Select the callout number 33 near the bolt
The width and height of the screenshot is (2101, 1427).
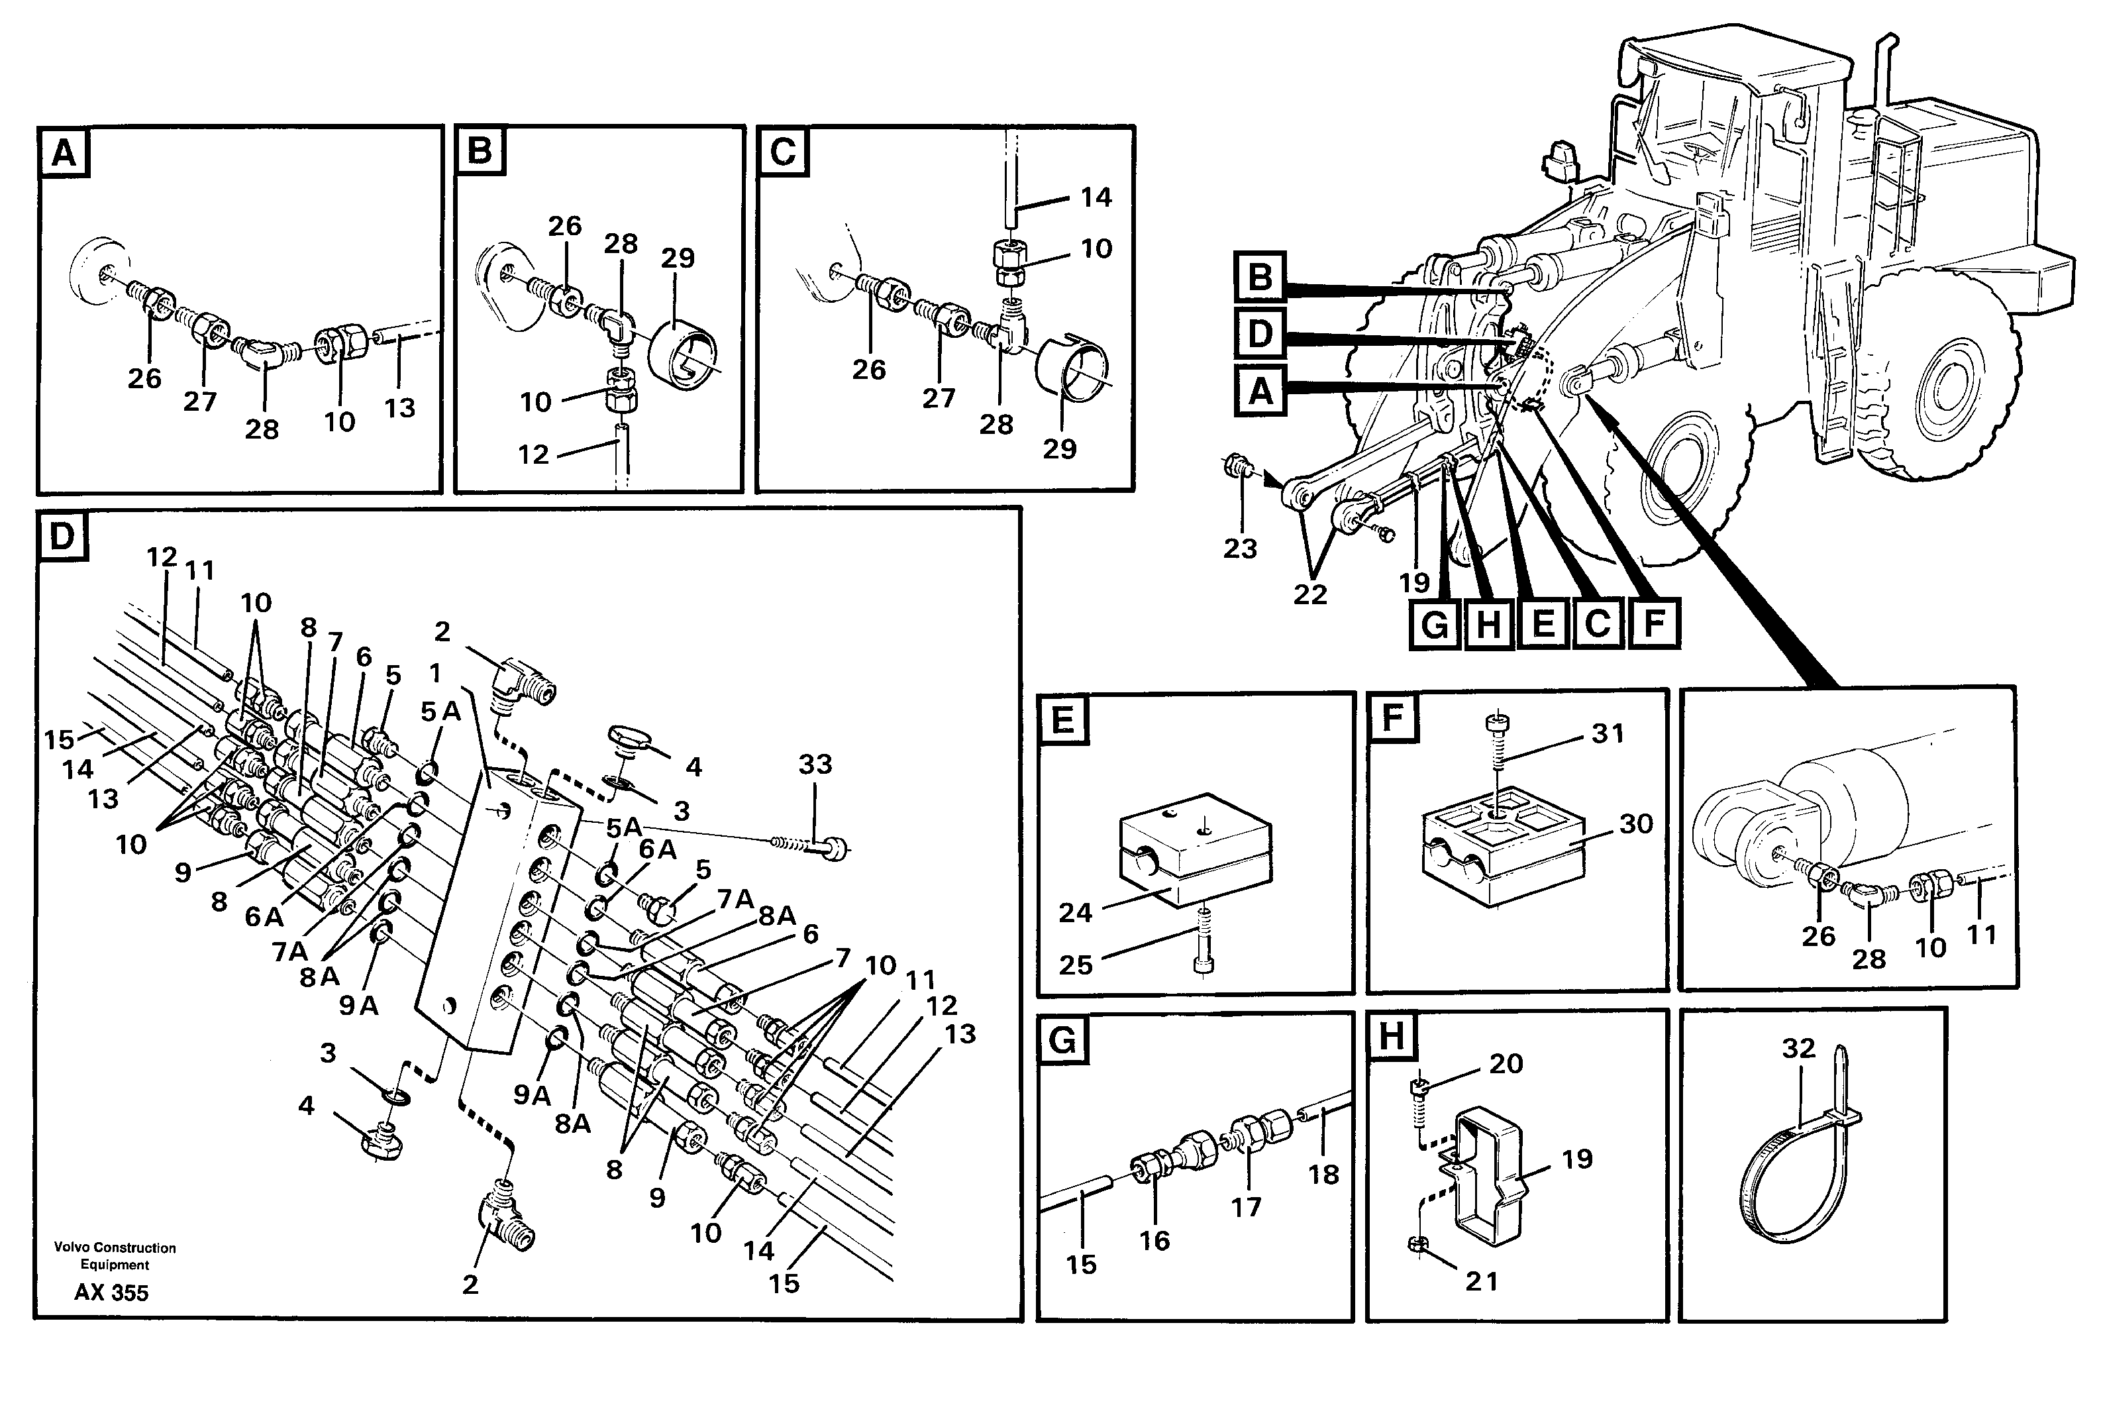click(815, 764)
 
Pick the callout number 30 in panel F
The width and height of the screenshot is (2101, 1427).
click(1635, 824)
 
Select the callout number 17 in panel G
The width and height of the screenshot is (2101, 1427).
click(1246, 1206)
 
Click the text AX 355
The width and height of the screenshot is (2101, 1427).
click(111, 1293)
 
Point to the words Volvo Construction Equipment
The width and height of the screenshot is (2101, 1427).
click(115, 1255)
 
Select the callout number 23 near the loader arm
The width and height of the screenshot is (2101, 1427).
click(1239, 548)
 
